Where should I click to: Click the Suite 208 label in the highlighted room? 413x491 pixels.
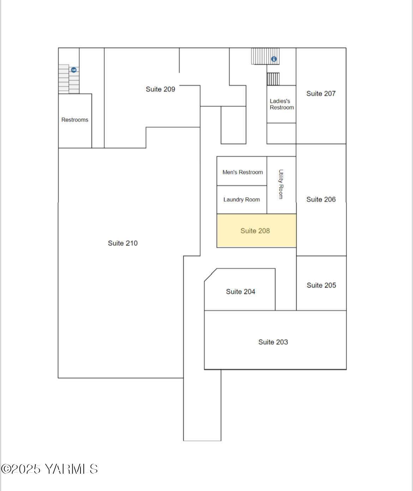pyautogui.click(x=255, y=231)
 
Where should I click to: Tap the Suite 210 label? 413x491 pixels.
pyautogui.click(x=123, y=243)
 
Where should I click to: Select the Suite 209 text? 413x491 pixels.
pyautogui.click(x=160, y=89)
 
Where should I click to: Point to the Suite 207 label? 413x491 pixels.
pyautogui.click(x=321, y=93)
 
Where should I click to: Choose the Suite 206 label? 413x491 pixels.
pyautogui.click(x=321, y=199)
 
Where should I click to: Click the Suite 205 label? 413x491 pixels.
pyautogui.click(x=321, y=285)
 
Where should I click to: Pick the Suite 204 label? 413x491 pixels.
pyautogui.click(x=240, y=291)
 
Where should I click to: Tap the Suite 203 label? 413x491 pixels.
pyautogui.click(x=273, y=342)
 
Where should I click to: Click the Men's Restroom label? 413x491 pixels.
pyautogui.click(x=243, y=172)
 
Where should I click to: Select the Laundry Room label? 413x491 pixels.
pyautogui.click(x=242, y=200)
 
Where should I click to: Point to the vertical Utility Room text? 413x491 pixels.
pyautogui.click(x=281, y=184)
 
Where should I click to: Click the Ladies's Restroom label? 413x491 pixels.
pyautogui.click(x=282, y=104)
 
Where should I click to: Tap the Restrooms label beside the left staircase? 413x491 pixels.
pyautogui.click(x=75, y=120)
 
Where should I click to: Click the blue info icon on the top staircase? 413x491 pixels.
pyautogui.click(x=274, y=59)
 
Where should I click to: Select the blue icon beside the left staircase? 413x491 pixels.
pyautogui.click(x=73, y=70)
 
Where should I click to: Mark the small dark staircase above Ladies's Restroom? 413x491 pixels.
pyautogui.click(x=273, y=79)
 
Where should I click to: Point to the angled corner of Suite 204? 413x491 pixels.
pyautogui.click(x=210, y=275)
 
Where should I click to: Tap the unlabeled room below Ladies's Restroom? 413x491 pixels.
pyautogui.click(x=281, y=133)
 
